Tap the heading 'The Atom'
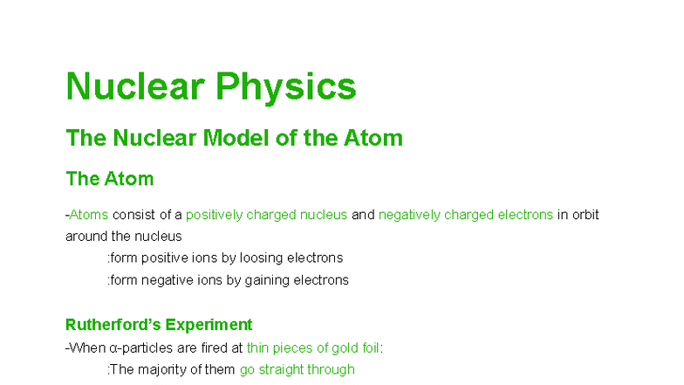point(109,179)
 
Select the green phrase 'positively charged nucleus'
point(266,215)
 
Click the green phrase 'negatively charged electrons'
point(465,215)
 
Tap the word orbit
point(585,215)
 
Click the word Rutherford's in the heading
point(111,325)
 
